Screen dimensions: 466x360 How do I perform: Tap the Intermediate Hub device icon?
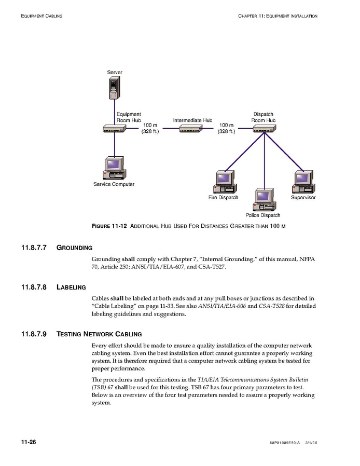click(190, 129)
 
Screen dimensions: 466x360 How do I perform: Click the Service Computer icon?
click(114, 167)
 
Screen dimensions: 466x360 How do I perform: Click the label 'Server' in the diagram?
click(115, 72)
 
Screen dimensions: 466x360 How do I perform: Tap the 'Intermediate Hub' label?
click(192, 120)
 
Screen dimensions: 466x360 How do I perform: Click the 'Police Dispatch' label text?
click(263, 215)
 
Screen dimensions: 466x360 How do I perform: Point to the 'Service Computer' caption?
click(114, 184)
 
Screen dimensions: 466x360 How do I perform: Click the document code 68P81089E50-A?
click(285, 443)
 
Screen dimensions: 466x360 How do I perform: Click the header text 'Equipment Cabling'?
click(41, 16)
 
